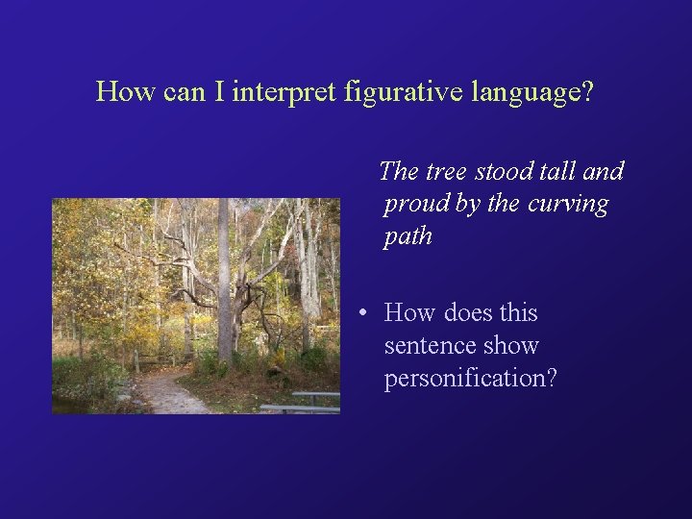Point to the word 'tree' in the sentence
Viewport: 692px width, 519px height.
tap(447, 172)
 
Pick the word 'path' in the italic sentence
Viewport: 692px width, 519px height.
tap(408, 236)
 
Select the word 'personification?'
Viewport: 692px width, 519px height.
tap(470, 379)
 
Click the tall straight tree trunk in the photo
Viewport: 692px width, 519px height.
tap(223, 279)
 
